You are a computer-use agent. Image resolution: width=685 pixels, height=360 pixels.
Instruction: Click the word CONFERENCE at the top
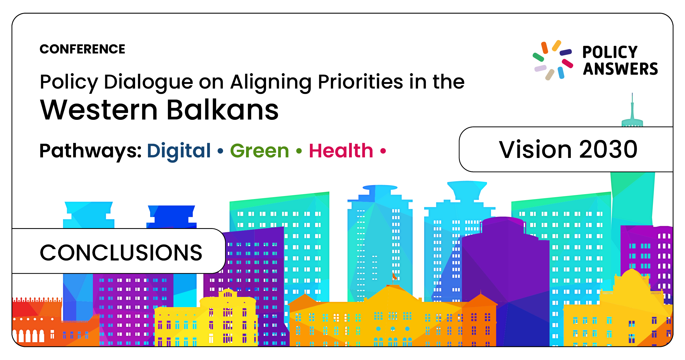click(x=82, y=49)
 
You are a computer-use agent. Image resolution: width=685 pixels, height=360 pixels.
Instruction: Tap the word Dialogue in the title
click(x=149, y=82)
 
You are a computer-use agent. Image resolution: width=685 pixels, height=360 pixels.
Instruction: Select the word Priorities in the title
click(x=361, y=82)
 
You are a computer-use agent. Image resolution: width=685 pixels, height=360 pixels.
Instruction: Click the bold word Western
click(x=99, y=110)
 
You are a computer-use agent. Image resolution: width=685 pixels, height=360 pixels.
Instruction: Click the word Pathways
click(x=90, y=151)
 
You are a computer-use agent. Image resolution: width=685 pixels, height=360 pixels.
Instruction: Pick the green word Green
click(x=259, y=151)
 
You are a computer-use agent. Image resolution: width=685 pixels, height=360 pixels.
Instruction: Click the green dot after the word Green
click(x=299, y=151)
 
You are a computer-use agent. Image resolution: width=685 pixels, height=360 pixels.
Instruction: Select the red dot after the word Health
click(x=383, y=151)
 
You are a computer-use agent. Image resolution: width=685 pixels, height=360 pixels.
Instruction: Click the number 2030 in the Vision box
click(x=608, y=149)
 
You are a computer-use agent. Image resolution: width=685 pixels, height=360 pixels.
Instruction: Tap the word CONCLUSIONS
click(x=121, y=253)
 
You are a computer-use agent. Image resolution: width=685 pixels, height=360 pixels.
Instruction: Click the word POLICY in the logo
click(x=610, y=52)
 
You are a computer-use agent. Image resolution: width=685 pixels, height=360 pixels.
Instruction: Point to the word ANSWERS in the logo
click(x=620, y=69)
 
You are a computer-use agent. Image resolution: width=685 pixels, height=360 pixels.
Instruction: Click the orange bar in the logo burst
click(x=544, y=48)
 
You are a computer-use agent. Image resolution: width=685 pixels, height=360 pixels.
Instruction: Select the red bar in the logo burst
click(x=567, y=64)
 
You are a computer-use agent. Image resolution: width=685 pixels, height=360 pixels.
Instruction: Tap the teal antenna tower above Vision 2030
click(x=632, y=111)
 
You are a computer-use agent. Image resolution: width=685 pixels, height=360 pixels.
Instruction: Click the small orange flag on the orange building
click(x=394, y=276)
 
